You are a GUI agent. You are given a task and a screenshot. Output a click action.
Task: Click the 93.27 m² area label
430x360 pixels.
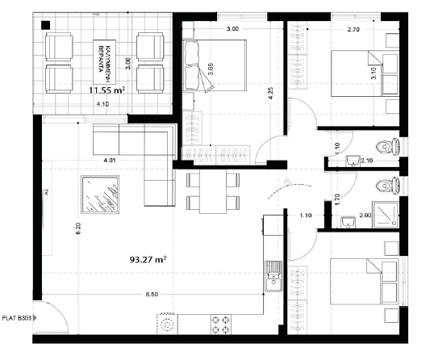tap(148, 261)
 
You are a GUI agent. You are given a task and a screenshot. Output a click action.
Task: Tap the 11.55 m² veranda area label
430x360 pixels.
tap(107, 91)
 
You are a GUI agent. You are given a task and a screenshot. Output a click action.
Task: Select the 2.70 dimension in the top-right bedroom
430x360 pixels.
tap(353, 29)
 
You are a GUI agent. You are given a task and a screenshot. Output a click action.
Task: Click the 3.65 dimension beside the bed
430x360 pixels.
tap(210, 69)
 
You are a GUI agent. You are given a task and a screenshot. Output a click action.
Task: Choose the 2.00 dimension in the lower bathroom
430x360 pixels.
tap(365, 216)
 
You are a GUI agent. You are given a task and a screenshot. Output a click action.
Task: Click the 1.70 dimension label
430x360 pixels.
tap(337, 196)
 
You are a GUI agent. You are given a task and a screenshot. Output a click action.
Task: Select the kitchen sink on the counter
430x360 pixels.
tap(273, 279)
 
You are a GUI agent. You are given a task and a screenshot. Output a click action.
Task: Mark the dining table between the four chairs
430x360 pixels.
tap(213, 191)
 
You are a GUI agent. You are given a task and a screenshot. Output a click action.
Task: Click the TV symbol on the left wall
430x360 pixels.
tap(46, 191)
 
